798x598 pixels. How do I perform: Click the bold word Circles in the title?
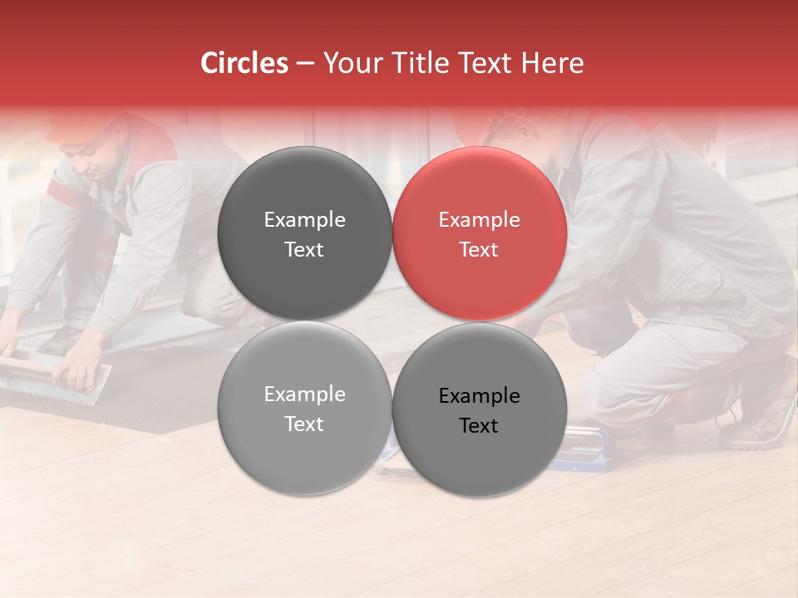[244, 63]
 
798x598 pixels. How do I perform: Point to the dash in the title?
[305, 64]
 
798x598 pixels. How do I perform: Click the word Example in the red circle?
[480, 220]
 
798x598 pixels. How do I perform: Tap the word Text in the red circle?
[480, 250]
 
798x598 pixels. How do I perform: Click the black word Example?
[480, 396]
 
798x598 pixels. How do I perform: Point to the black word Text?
[480, 426]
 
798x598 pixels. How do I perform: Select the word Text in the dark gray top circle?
[304, 250]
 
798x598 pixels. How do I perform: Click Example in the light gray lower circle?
[304, 395]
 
